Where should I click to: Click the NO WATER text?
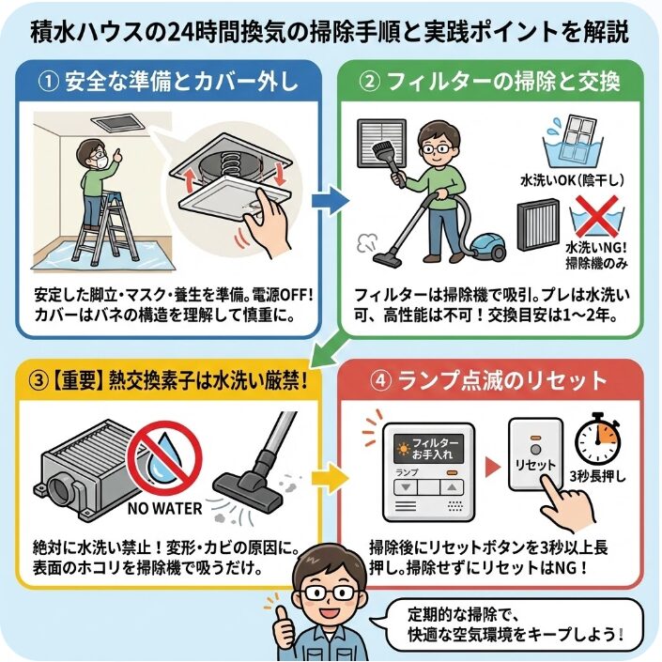166,508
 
